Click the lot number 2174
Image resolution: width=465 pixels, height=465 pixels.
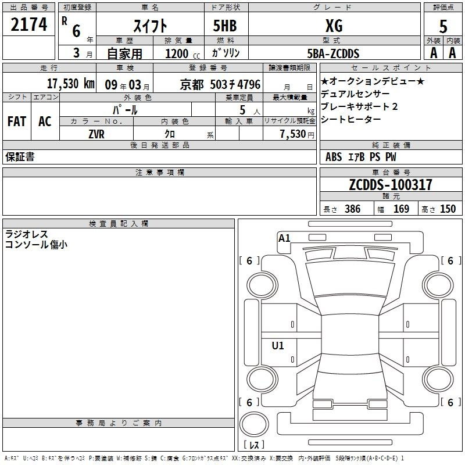28,24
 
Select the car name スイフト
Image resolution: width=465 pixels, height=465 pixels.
150,26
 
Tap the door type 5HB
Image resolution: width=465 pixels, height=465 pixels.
225,26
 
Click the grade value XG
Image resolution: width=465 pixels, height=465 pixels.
334,26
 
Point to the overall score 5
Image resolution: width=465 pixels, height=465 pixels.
443,26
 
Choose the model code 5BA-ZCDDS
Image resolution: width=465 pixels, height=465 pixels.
333,53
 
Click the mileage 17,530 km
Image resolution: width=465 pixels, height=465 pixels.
71,84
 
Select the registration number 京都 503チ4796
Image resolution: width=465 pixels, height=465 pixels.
220,84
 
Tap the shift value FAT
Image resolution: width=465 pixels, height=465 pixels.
17,121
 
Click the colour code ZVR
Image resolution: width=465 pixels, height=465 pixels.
96,134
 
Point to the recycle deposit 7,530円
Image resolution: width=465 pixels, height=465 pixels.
297,134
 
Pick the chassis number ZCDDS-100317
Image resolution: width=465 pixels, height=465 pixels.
391,184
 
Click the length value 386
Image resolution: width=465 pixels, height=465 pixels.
353,209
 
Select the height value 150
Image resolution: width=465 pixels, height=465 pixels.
448,209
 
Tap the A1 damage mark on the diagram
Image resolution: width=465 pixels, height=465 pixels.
284,238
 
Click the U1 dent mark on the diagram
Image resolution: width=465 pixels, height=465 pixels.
278,345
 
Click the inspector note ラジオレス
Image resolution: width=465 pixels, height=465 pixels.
26,234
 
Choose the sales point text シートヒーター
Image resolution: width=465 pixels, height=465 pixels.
351,119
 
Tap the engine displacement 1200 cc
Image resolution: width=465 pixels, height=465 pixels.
183,53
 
